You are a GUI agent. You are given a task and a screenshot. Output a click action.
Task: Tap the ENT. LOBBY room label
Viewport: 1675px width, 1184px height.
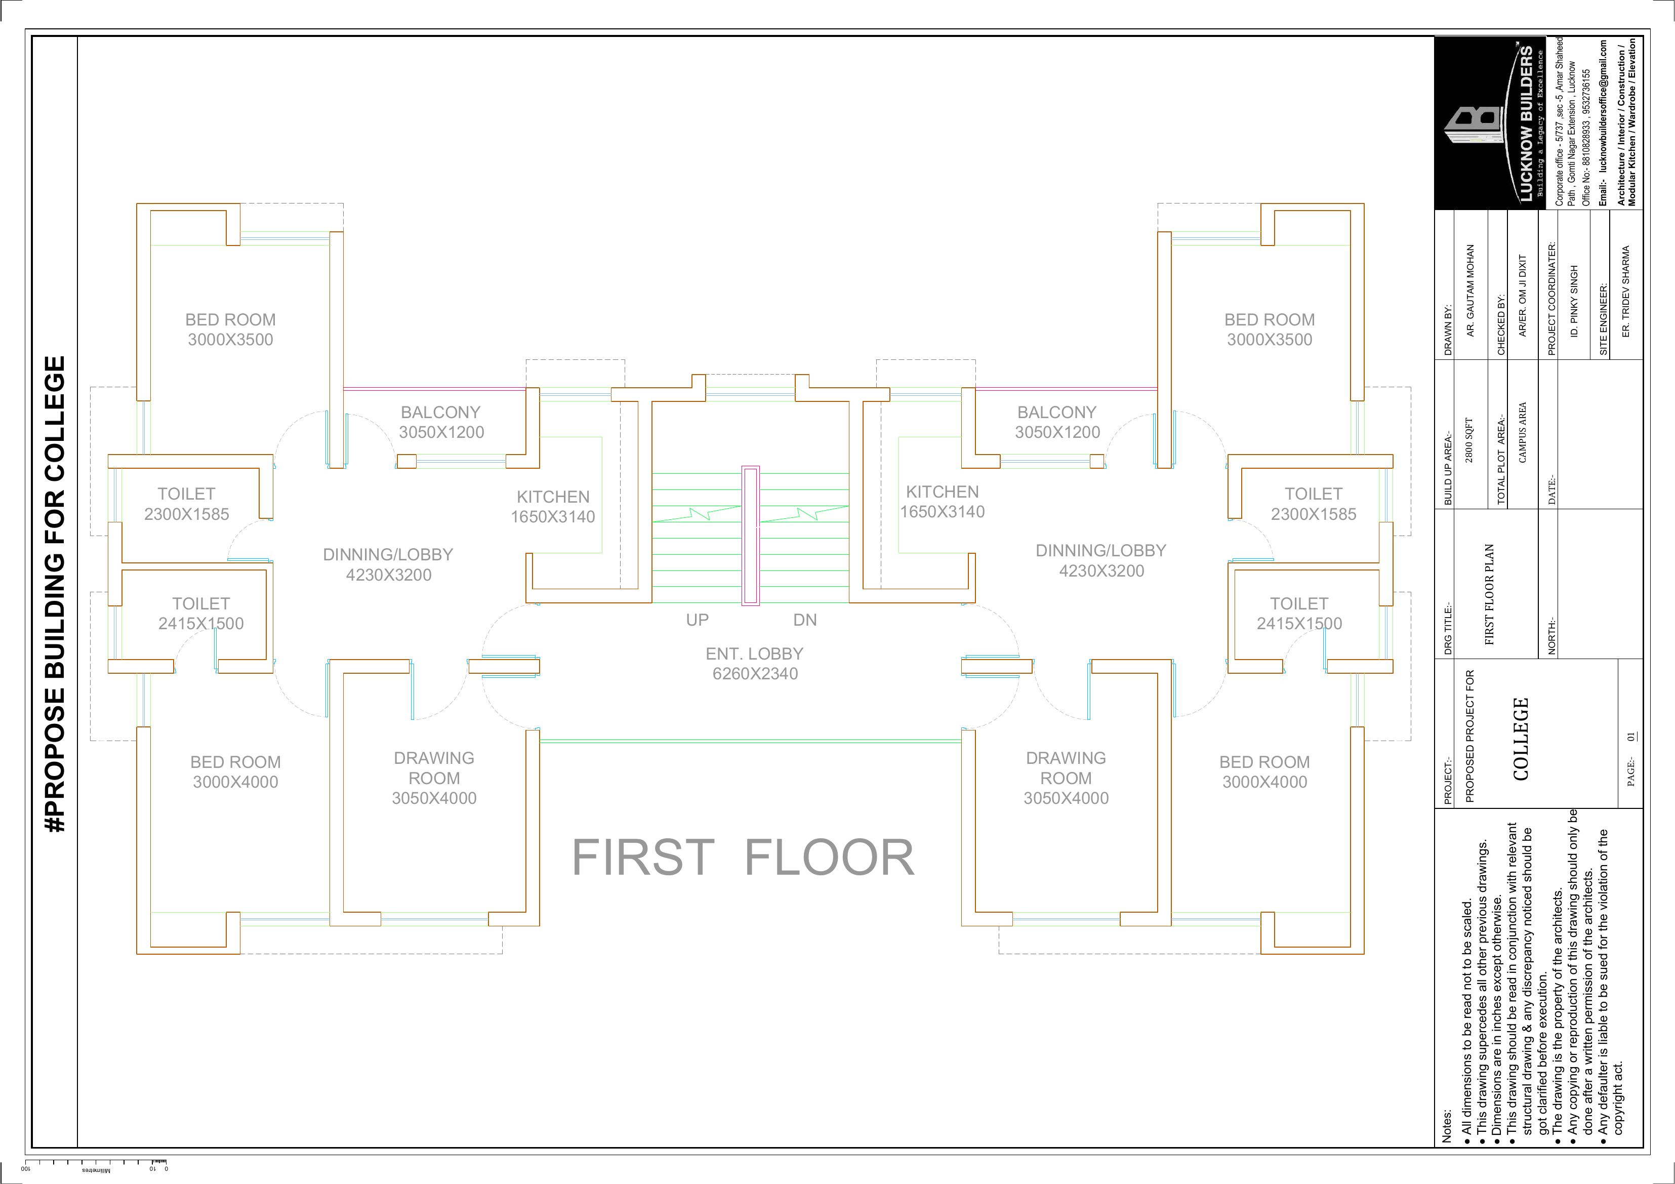755,664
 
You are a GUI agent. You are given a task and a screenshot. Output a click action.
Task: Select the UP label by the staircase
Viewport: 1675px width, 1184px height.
698,620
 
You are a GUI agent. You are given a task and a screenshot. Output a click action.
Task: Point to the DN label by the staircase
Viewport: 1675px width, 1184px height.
805,620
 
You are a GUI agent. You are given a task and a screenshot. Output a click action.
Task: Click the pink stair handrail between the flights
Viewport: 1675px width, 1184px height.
750,536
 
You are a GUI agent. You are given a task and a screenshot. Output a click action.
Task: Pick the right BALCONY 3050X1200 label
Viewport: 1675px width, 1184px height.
1057,422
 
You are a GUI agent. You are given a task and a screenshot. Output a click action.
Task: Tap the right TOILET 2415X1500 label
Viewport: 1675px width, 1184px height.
1299,614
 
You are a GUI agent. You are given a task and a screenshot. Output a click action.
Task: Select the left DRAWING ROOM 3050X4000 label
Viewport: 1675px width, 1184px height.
434,779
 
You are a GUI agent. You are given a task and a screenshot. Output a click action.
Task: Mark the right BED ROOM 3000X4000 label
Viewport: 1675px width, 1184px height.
1265,772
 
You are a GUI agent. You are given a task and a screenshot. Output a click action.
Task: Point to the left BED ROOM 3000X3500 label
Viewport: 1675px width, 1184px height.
230,330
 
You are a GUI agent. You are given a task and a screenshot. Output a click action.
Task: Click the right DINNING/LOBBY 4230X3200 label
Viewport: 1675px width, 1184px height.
1101,561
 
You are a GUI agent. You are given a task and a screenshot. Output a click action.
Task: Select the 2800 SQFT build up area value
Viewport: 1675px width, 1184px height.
1469,440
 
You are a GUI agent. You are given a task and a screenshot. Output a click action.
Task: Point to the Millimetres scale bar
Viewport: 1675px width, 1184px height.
96,1164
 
